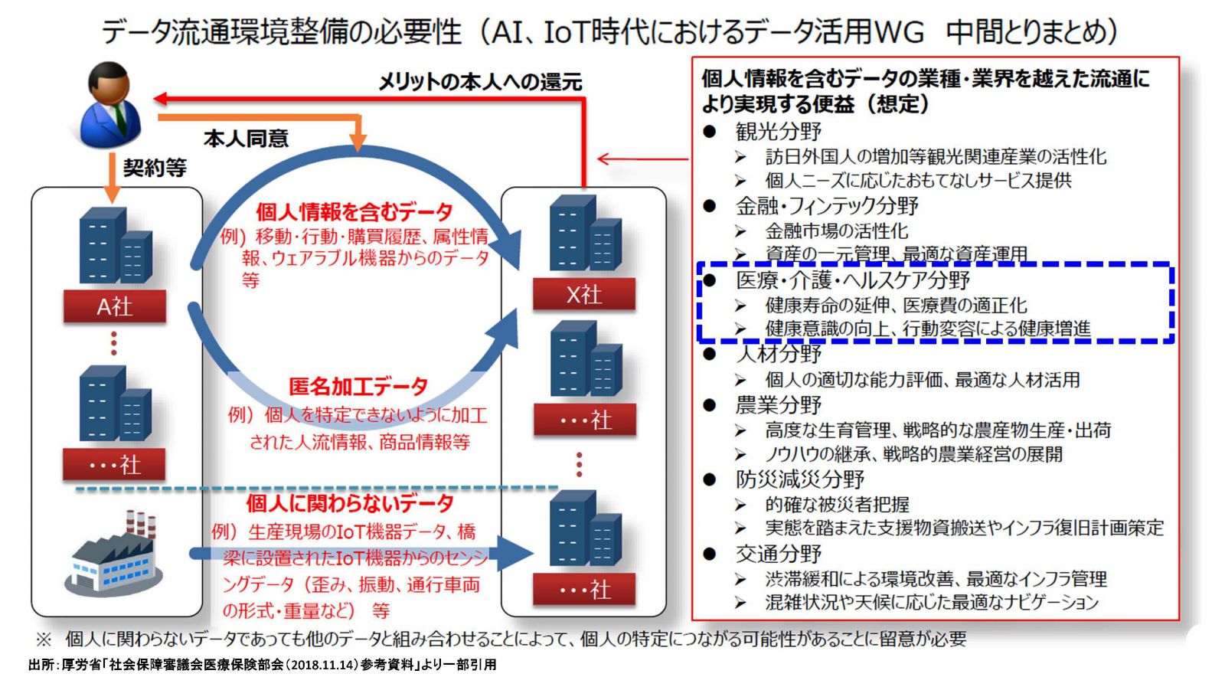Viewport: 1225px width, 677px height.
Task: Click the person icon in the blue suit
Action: pyautogui.click(x=110, y=104)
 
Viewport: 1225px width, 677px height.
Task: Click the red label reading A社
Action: pyautogui.click(x=115, y=306)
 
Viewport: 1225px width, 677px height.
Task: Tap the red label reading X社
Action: pyautogui.click(x=584, y=294)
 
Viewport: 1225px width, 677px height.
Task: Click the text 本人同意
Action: pyautogui.click(x=246, y=139)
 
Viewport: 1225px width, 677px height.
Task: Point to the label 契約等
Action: pyautogui.click(x=155, y=168)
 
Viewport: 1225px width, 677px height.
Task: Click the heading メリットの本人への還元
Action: pyautogui.click(x=480, y=82)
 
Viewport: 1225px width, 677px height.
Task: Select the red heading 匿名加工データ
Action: pyautogui.click(x=358, y=386)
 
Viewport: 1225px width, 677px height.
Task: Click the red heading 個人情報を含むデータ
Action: pyautogui.click(x=354, y=211)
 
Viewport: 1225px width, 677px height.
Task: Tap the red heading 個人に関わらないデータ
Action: pyautogui.click(x=350, y=503)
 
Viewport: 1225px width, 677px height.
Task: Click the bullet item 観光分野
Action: pyautogui.click(x=778, y=131)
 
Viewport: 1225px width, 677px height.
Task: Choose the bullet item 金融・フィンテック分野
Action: pyautogui.click(x=826, y=205)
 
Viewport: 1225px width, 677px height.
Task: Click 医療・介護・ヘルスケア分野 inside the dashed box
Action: pyautogui.click(x=853, y=280)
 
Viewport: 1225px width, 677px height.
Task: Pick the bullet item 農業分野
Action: pyautogui.click(x=778, y=404)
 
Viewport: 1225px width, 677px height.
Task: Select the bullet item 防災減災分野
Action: pyautogui.click(x=799, y=479)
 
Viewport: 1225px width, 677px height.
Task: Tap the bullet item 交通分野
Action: pyautogui.click(x=778, y=554)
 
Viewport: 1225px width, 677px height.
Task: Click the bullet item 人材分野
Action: pyautogui.click(x=778, y=354)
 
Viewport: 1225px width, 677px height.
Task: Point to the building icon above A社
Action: pyautogui.click(x=116, y=245)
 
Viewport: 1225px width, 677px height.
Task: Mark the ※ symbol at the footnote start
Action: pyautogui.click(x=44, y=639)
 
